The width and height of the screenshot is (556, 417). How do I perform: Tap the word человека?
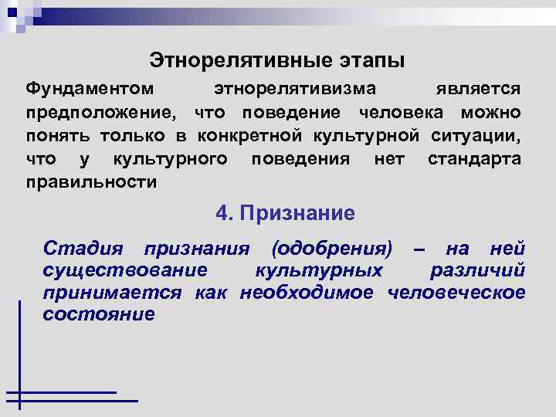(400, 113)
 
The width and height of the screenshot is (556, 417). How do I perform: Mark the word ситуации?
(476, 136)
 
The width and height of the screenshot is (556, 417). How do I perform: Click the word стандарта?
(473, 159)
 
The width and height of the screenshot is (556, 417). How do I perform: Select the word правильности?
(91, 182)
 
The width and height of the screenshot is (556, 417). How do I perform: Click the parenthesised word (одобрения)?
(332, 249)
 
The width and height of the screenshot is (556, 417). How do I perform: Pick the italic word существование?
(125, 271)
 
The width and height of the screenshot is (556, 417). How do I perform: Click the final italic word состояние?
(99, 315)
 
